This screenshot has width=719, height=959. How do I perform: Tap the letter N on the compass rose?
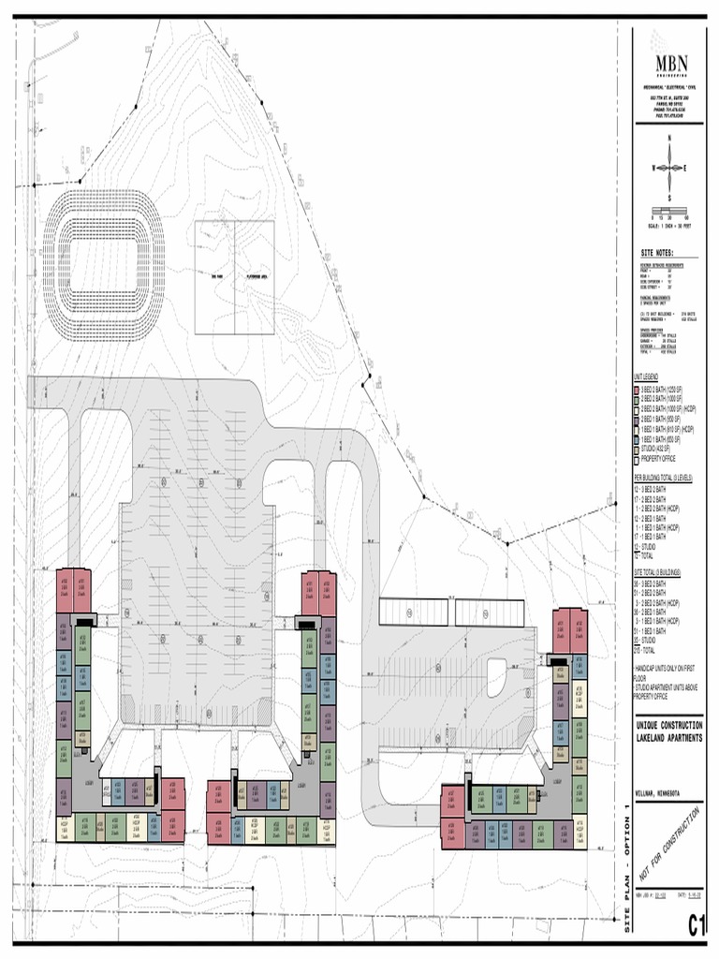pyautogui.click(x=669, y=138)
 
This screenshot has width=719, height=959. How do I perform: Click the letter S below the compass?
pyautogui.click(x=669, y=198)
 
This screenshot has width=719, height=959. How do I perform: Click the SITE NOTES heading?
pyautogui.click(x=656, y=253)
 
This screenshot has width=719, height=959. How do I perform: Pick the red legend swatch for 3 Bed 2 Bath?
pyautogui.click(x=636, y=388)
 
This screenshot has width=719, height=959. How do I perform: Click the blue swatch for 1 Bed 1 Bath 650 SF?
pyautogui.click(x=636, y=438)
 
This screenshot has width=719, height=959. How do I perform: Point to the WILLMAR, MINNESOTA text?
pyautogui.click(x=656, y=794)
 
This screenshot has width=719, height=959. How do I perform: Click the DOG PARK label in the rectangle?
pyautogui.click(x=215, y=277)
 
